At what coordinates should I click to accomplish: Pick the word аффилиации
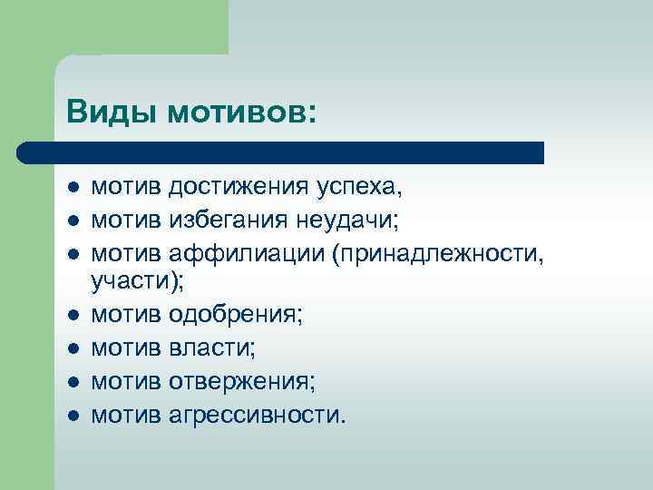pyautogui.click(x=245, y=252)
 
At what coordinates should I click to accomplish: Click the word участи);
pyautogui.click(x=137, y=284)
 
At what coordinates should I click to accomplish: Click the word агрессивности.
pyautogui.click(x=258, y=414)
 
